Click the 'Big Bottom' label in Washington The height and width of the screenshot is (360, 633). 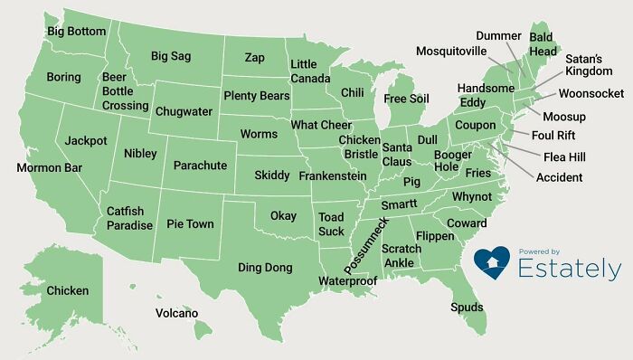point(77,31)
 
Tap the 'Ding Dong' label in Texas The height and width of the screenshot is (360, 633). point(265,267)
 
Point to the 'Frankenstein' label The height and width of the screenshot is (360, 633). point(332,175)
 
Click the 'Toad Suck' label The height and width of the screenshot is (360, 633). point(331,224)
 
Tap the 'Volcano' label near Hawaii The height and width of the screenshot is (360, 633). point(176,313)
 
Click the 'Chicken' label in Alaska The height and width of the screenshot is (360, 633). point(68,290)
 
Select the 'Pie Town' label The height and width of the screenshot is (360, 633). point(189,223)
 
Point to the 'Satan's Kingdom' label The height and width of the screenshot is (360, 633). point(589,65)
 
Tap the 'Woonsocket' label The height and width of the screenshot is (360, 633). point(590,93)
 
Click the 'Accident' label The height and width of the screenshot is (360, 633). point(560,177)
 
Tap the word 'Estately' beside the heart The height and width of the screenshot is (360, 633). point(569,269)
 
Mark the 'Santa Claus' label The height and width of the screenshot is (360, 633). point(397,155)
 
